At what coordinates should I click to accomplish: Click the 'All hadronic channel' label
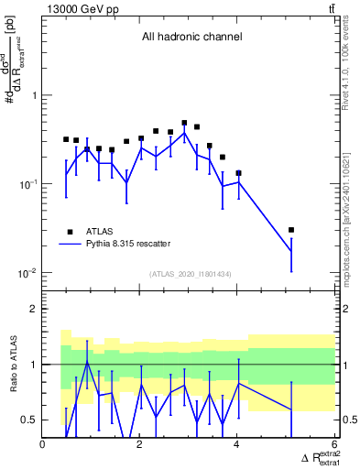(191, 38)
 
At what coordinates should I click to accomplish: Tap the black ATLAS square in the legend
(70, 232)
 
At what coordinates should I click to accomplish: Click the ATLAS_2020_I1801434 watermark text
(191, 274)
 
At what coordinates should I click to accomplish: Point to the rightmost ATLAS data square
(291, 230)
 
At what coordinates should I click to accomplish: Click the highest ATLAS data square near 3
(184, 123)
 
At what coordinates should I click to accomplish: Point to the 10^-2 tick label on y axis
(27, 273)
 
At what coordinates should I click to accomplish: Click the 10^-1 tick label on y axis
(27, 184)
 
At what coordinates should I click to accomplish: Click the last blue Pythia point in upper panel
(291, 251)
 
